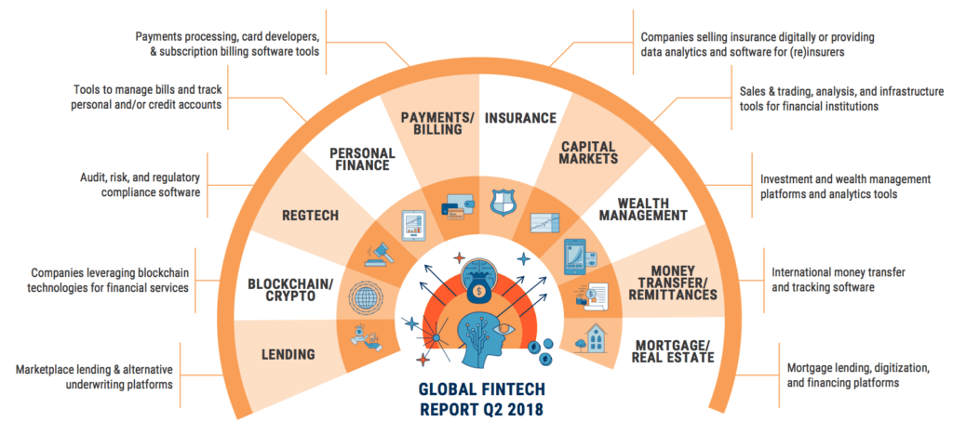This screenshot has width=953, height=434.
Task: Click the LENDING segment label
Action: tap(289, 354)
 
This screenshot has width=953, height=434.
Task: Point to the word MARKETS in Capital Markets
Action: tap(590, 159)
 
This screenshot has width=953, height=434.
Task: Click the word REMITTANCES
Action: tap(669, 295)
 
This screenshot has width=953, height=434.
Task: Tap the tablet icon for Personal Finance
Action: tap(413, 225)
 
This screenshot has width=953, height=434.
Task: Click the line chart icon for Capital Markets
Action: tap(544, 223)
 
